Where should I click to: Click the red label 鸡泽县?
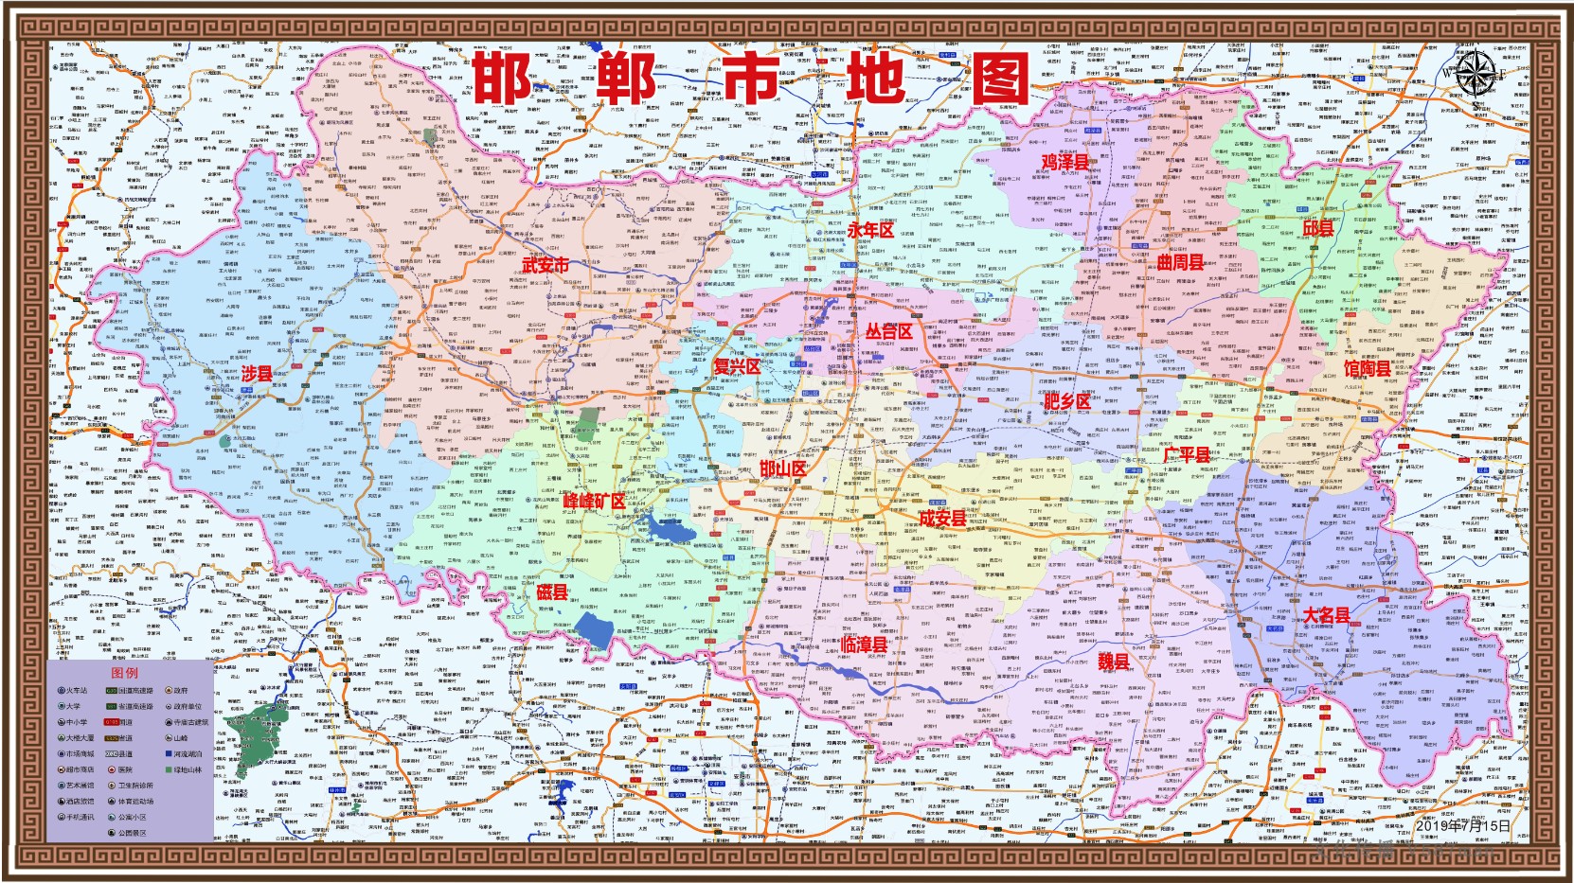click(x=1065, y=162)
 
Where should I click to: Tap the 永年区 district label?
click(x=869, y=230)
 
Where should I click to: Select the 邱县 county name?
click(x=1317, y=229)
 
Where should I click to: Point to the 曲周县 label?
click(x=1180, y=262)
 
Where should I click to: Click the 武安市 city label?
click(x=545, y=265)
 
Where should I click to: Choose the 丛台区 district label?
click(x=888, y=331)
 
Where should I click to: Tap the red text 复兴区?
click(x=736, y=366)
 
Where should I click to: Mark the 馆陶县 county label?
click(x=1367, y=367)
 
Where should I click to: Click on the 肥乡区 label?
click(x=1066, y=401)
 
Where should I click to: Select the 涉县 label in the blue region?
click(x=257, y=374)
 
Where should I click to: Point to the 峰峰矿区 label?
click(x=594, y=501)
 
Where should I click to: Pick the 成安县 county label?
click(x=942, y=518)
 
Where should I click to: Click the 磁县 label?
click(x=551, y=592)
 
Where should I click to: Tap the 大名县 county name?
click(x=1326, y=615)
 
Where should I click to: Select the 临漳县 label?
click(x=863, y=644)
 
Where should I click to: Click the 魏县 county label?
click(x=1113, y=662)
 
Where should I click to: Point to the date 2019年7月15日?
click(x=1463, y=825)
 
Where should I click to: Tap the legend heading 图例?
click(x=124, y=673)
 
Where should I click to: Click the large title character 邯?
click(x=502, y=78)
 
